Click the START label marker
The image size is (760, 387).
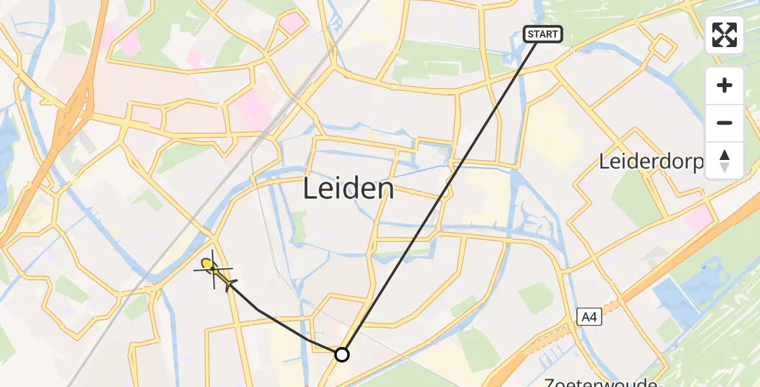click(x=543, y=34)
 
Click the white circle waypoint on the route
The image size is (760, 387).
click(x=342, y=355)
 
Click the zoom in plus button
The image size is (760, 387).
click(x=725, y=86)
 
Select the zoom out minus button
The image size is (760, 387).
click(x=725, y=123)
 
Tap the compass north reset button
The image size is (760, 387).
click(x=725, y=161)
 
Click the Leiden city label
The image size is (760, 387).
click(x=348, y=189)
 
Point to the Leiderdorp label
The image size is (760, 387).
click(x=651, y=162)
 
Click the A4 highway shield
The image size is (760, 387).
click(x=588, y=316)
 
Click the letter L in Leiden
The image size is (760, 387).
click(x=309, y=189)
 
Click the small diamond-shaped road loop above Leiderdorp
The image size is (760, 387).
click(x=662, y=46)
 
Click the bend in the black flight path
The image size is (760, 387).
click(x=258, y=310)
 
